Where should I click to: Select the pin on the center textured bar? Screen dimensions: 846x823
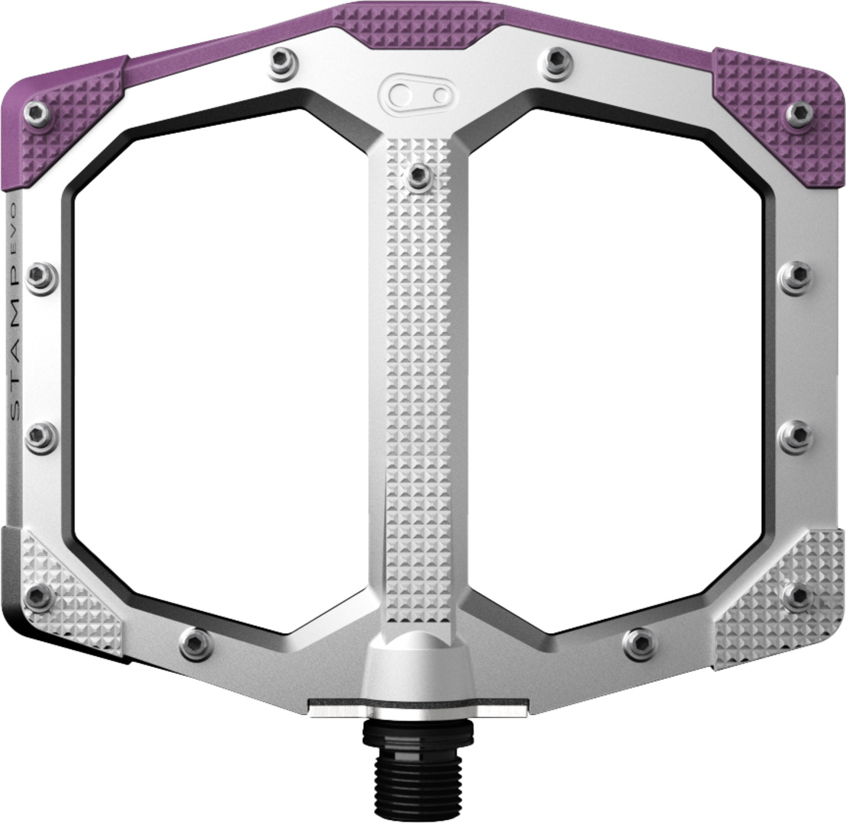pos(420,176)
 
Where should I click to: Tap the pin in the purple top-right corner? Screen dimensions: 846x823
pos(800,114)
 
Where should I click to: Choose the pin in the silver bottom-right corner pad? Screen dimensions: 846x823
pos(797,596)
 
